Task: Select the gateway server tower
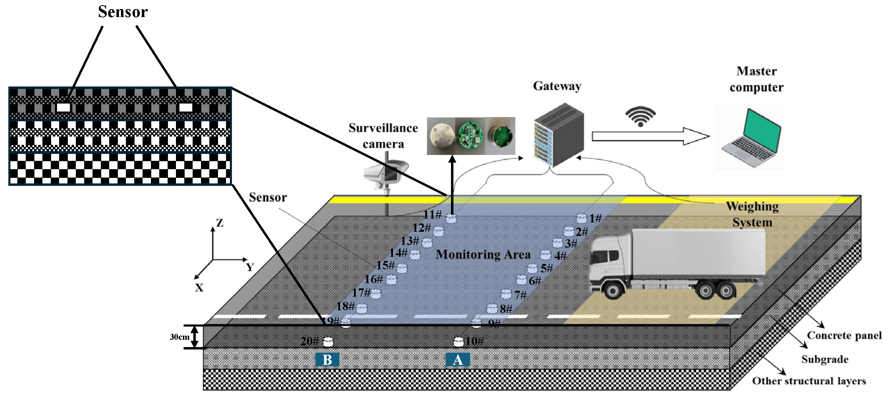[x=559, y=135]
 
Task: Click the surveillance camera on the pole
[x=385, y=174]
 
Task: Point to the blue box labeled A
[x=458, y=360]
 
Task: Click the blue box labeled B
[x=327, y=360]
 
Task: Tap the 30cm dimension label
[x=179, y=337]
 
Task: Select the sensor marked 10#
[x=459, y=342]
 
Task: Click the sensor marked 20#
[x=328, y=342]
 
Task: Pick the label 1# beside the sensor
[x=595, y=218]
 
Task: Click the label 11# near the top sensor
[x=432, y=214]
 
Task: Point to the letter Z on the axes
[x=220, y=223]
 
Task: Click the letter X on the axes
[x=199, y=288]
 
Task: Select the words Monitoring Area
[x=483, y=255]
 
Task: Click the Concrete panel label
[x=844, y=336]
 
